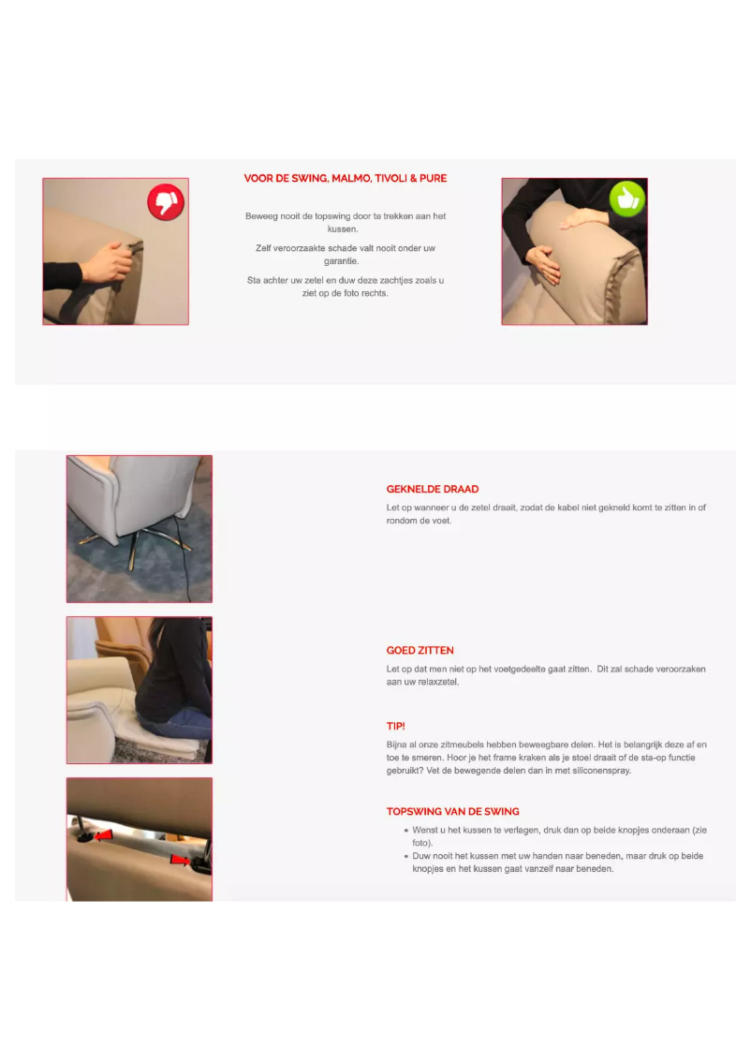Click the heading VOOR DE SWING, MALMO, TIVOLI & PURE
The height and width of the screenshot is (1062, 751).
[346, 178]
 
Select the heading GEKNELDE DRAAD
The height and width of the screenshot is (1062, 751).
[433, 489]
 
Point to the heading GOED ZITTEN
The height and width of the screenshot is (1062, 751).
[420, 650]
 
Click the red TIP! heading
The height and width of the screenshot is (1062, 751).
[396, 726]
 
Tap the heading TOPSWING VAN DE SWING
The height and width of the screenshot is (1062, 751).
[453, 811]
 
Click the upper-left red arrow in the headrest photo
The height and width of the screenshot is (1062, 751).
[104, 834]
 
